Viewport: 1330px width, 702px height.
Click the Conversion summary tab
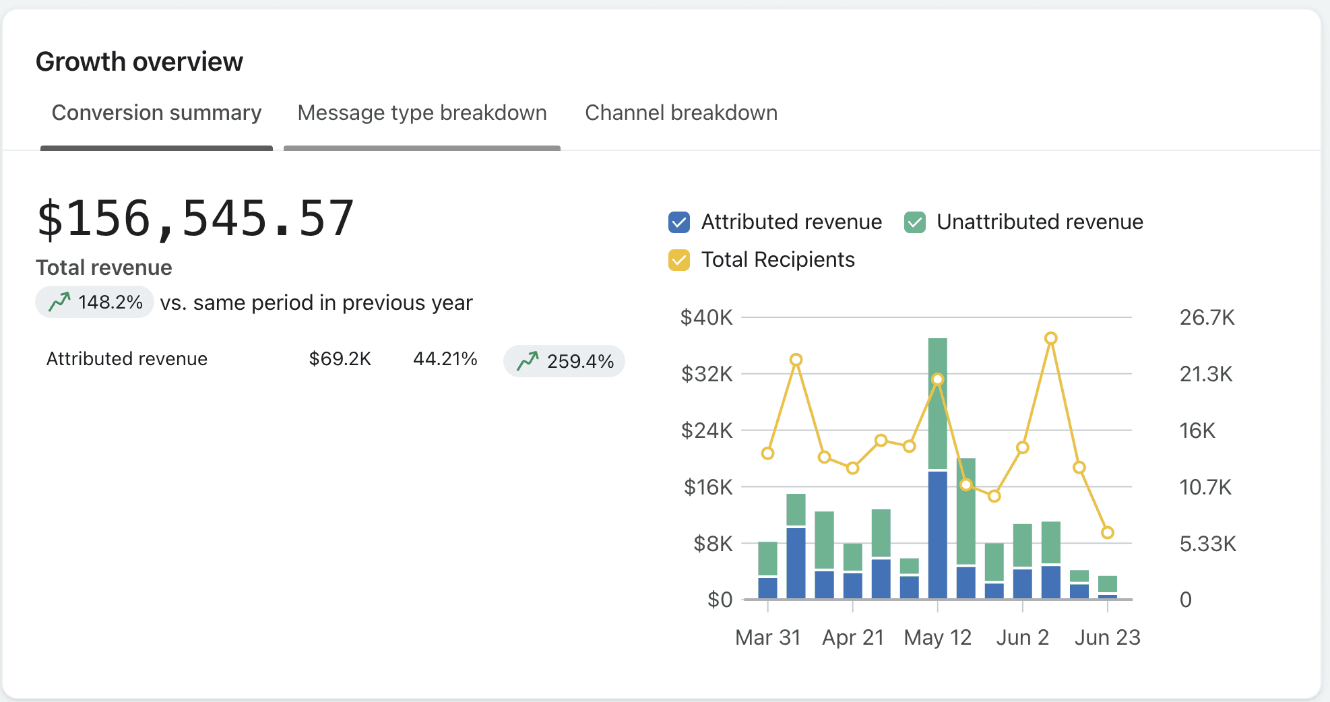[x=156, y=113]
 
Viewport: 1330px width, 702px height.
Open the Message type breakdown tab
[x=422, y=113]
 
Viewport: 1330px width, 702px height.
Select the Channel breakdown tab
[x=680, y=113]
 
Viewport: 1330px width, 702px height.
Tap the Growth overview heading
[x=139, y=61]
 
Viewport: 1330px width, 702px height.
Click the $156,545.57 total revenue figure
[x=195, y=218]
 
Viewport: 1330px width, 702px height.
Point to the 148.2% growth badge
[x=95, y=302]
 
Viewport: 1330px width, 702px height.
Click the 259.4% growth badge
[x=564, y=361]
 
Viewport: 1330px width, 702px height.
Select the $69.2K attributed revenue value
[x=340, y=358]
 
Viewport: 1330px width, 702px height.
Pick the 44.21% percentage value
[x=445, y=358]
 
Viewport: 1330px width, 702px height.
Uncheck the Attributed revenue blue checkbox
[x=679, y=222]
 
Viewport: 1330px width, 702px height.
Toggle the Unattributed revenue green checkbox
[x=914, y=222]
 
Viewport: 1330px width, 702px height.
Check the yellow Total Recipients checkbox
[x=679, y=260]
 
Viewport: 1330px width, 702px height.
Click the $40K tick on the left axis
[x=706, y=317]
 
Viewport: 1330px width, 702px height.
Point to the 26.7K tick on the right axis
[x=1207, y=317]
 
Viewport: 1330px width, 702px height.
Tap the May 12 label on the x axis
[x=937, y=637]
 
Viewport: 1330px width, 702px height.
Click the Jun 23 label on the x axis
[x=1107, y=637]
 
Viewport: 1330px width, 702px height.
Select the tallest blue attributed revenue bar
[x=937, y=534]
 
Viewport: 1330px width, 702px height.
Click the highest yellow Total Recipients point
[x=1051, y=338]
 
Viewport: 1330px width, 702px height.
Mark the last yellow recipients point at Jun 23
[x=1108, y=533]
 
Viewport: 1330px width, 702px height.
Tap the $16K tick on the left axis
[x=707, y=487]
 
